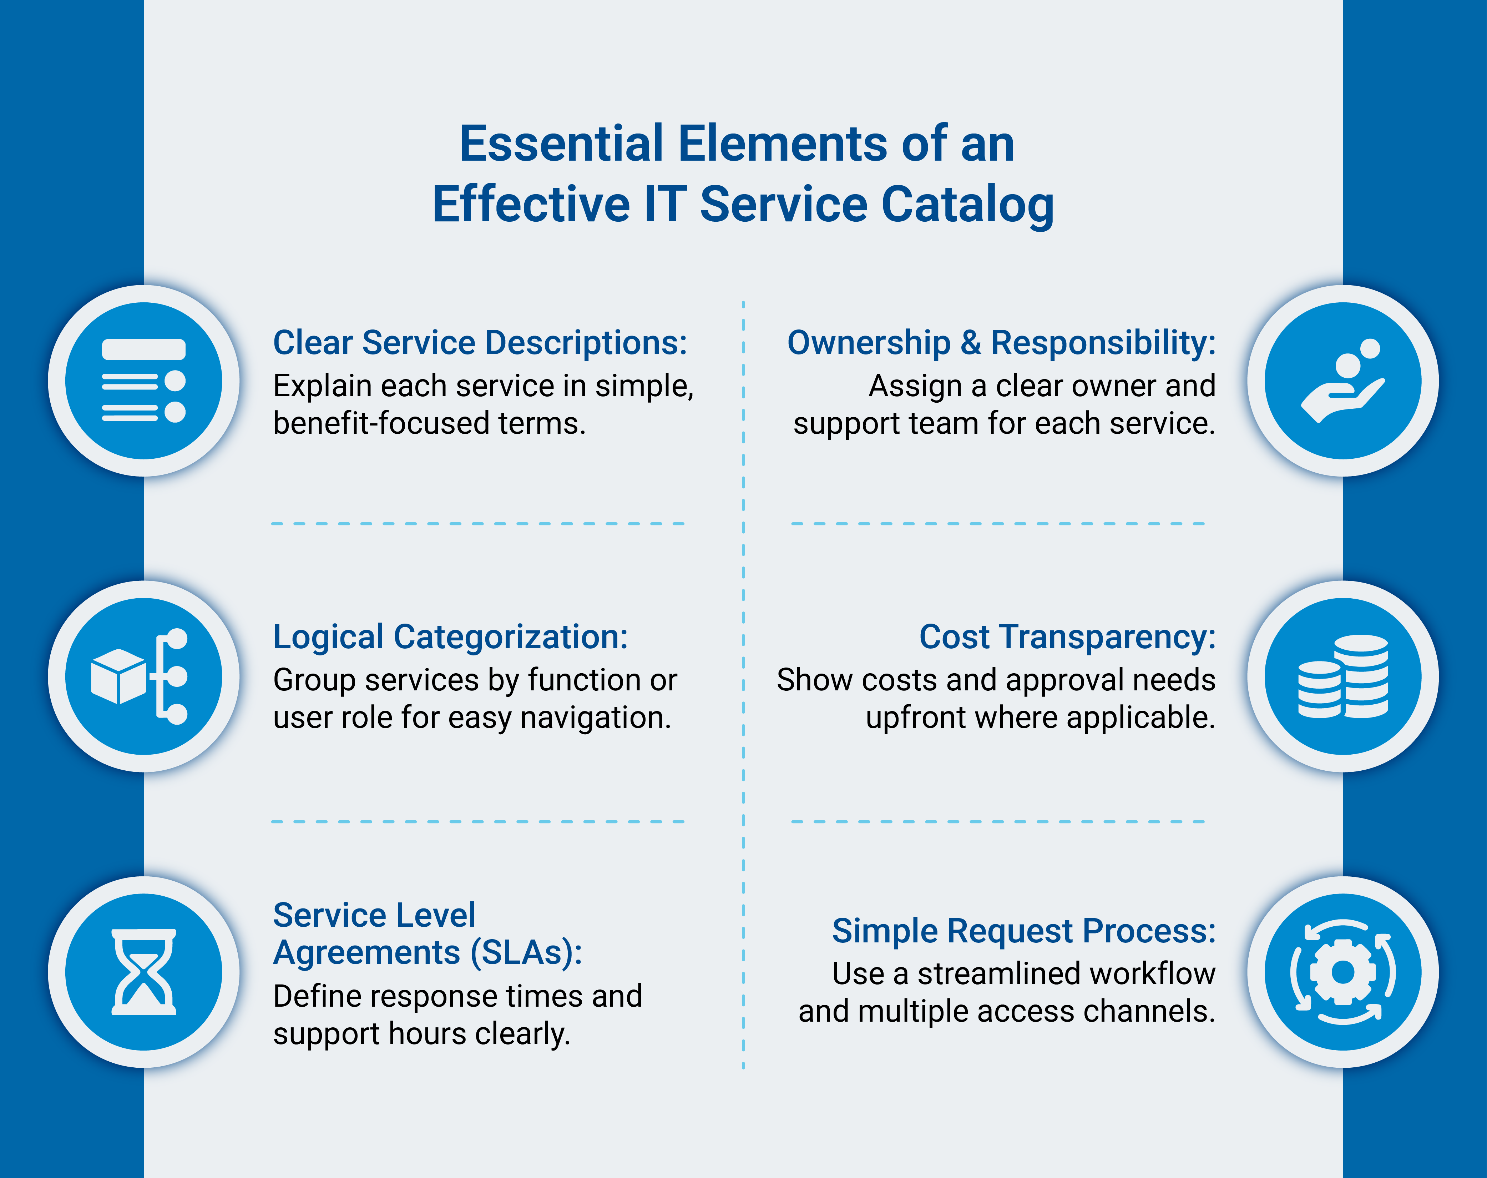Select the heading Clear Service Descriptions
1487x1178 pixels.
tap(480, 343)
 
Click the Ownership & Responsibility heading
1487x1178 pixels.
tap(1001, 343)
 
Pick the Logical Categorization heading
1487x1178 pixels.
tap(450, 636)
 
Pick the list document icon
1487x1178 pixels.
tap(143, 381)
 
